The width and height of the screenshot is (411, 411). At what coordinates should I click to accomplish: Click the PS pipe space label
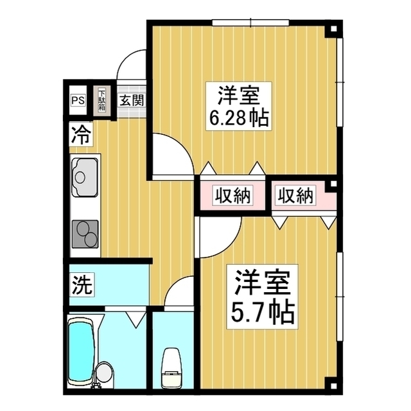pos(78,101)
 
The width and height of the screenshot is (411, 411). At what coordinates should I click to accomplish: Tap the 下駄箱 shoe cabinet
pos(101,101)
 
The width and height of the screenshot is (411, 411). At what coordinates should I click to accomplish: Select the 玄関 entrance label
pos(132,101)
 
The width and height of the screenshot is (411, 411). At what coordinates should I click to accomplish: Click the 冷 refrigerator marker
pos(81,136)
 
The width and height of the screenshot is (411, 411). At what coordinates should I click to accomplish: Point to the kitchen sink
pos(83,174)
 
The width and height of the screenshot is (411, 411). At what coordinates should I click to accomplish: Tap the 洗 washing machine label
pos(80,283)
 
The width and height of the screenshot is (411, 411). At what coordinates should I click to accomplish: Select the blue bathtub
pos(80,350)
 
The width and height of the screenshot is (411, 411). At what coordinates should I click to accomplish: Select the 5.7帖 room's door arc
pos(215,237)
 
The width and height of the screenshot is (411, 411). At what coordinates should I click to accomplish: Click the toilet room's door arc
pos(180,292)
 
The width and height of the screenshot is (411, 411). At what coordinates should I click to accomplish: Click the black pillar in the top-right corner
pos(332,30)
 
